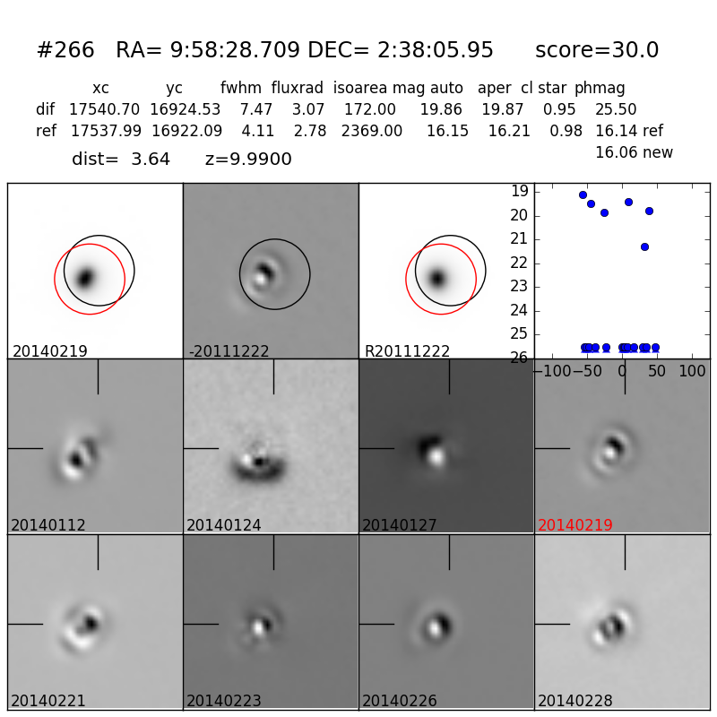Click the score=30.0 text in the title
click(x=597, y=51)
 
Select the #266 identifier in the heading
click(x=65, y=51)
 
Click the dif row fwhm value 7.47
click(x=255, y=110)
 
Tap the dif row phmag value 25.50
click(x=616, y=110)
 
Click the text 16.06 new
click(x=634, y=153)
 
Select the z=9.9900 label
click(x=248, y=160)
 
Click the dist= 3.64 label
click(x=121, y=160)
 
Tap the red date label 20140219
click(x=575, y=525)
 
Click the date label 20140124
click(x=224, y=525)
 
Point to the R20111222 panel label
click(x=407, y=351)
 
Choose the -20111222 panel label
click(x=229, y=351)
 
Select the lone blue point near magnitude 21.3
click(x=644, y=246)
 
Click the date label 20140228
click(x=575, y=701)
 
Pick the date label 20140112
click(x=48, y=525)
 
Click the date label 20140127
click(x=400, y=525)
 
